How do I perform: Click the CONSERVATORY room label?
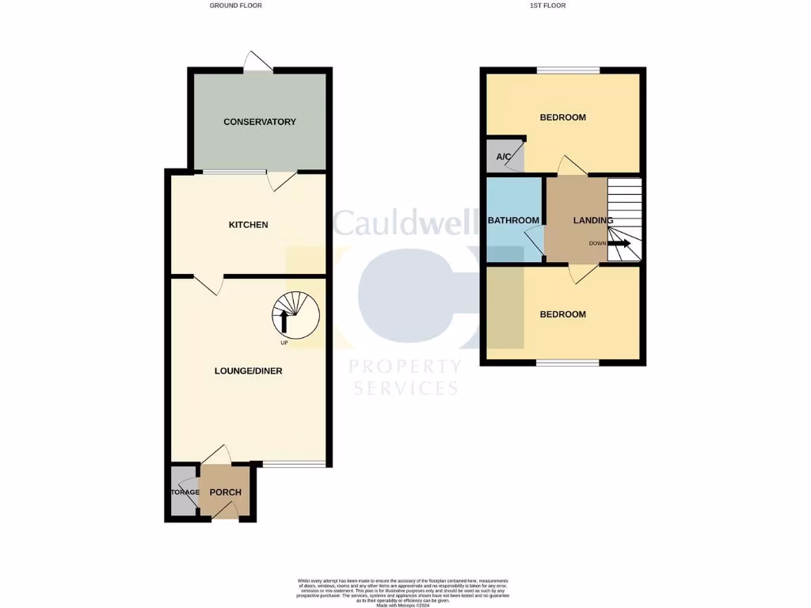pyautogui.click(x=259, y=122)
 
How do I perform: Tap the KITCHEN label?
pyautogui.click(x=248, y=225)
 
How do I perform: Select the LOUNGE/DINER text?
pyautogui.click(x=248, y=370)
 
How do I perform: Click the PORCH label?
pyautogui.click(x=225, y=492)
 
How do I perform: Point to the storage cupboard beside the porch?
pyautogui.click(x=183, y=492)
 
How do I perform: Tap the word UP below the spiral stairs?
pyautogui.click(x=284, y=344)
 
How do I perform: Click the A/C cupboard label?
pyautogui.click(x=503, y=157)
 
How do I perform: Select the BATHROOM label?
pyautogui.click(x=513, y=220)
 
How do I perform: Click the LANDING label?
pyautogui.click(x=592, y=220)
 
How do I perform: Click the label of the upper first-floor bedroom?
pyautogui.click(x=562, y=117)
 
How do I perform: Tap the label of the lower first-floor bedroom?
pyautogui.click(x=562, y=314)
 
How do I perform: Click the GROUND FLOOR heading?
pyautogui.click(x=235, y=6)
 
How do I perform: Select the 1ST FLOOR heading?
pyautogui.click(x=547, y=6)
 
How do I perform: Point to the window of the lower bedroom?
pyautogui.click(x=567, y=363)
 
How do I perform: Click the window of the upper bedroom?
pyautogui.click(x=567, y=70)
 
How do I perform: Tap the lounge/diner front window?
pyautogui.click(x=294, y=465)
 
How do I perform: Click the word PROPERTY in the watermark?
pyautogui.click(x=405, y=367)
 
